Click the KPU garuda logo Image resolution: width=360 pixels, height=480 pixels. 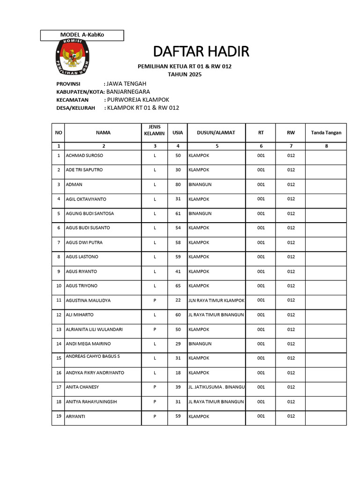[x=72, y=59]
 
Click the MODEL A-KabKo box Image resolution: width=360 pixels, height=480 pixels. [x=82, y=35]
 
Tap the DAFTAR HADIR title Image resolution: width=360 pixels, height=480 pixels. [x=201, y=51]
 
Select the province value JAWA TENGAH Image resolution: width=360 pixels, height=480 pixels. [x=123, y=83]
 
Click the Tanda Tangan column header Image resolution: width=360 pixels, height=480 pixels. [x=326, y=133]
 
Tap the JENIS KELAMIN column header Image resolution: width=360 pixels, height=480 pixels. [x=154, y=130]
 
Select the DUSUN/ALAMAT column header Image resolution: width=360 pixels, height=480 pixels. [x=216, y=133]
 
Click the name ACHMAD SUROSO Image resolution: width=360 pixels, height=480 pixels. [x=84, y=155]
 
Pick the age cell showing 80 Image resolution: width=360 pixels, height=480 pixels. [x=178, y=184]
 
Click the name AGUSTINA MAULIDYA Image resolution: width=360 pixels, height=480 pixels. [x=88, y=300]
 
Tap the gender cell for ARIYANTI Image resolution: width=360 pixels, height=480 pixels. [x=154, y=416]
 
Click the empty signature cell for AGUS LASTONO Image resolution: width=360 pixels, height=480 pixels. [x=326, y=257]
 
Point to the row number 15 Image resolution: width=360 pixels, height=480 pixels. [x=59, y=358]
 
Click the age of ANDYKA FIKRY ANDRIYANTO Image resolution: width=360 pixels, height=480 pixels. [x=178, y=373]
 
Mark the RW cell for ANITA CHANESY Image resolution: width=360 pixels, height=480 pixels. [x=291, y=387]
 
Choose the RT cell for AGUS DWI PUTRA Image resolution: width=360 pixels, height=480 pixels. [x=261, y=242]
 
